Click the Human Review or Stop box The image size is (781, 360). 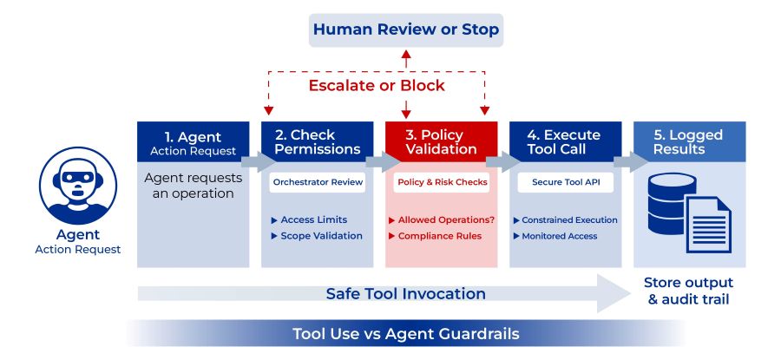(x=405, y=30)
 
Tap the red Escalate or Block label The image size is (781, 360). (x=377, y=85)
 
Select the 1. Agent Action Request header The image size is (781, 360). (x=194, y=143)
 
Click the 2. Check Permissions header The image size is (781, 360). (x=317, y=142)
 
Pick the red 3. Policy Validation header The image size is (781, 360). (x=441, y=142)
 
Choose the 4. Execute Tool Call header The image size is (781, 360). (x=565, y=142)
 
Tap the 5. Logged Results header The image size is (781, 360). (x=689, y=142)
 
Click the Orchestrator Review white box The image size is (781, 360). (x=317, y=183)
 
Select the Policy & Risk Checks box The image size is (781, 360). (x=441, y=183)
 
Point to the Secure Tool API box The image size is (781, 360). (x=565, y=183)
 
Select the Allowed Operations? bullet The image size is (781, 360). (x=441, y=220)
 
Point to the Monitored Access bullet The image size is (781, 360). (x=558, y=236)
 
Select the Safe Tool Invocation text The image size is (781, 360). (x=406, y=293)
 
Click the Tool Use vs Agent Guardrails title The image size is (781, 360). (x=406, y=334)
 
